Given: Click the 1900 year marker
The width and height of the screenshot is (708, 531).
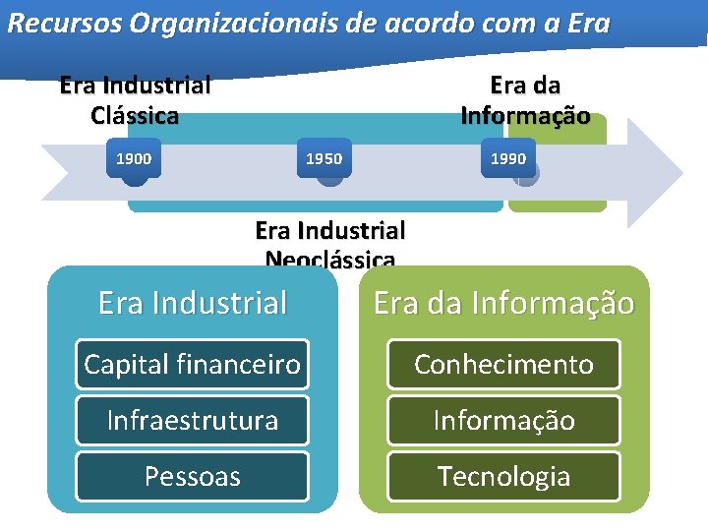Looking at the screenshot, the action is point(134,158).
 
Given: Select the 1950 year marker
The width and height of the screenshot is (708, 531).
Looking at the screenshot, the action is point(324,158).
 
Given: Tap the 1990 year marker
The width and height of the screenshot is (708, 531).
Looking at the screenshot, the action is point(508,158).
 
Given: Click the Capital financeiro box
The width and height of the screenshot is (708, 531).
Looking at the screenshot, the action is point(192,364).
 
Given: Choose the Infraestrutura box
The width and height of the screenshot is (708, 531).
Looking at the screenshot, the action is point(192,420).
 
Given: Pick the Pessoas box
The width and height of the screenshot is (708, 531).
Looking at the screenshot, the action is point(192,476).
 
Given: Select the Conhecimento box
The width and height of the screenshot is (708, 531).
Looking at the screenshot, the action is point(503,364).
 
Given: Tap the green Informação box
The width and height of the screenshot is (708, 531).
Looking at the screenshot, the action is point(503,420).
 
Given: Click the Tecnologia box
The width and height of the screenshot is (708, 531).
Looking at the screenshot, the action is point(503,476).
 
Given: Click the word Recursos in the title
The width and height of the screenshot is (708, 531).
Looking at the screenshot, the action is point(57,23).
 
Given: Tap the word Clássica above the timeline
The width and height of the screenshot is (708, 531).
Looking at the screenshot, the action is point(135,115).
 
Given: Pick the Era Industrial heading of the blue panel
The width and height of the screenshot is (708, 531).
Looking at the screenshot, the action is point(192,303).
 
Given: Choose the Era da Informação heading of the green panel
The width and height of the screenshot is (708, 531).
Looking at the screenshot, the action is point(503,303).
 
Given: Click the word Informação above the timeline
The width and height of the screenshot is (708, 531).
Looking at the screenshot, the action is point(525,115).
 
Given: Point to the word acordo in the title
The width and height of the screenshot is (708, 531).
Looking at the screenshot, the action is point(433,23).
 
